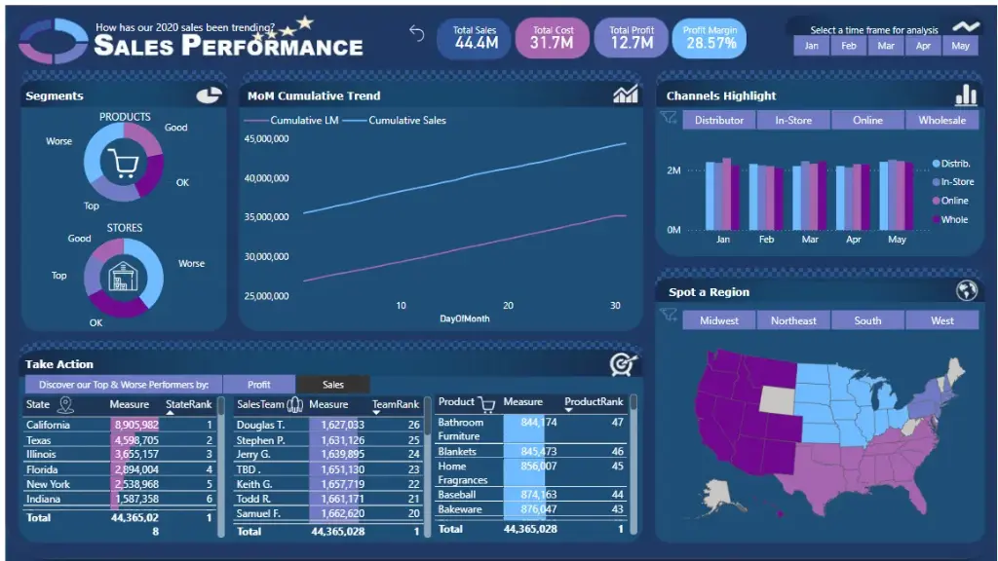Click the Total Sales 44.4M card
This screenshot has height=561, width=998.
click(x=475, y=37)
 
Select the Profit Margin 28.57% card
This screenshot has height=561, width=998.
click(x=710, y=37)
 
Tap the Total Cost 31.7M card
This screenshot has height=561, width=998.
click(x=553, y=37)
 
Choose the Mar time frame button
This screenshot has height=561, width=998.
click(x=886, y=46)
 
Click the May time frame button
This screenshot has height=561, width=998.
click(x=960, y=46)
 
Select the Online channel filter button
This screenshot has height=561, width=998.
click(x=867, y=120)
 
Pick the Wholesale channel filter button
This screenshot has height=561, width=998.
click(x=941, y=120)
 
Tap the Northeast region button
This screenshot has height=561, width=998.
click(x=793, y=320)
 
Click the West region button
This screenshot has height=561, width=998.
click(x=941, y=320)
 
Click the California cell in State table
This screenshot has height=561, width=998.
click(x=48, y=425)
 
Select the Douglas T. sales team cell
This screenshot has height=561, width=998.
click(x=261, y=425)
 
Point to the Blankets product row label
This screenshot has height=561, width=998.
click(x=457, y=452)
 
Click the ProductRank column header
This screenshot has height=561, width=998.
click(x=594, y=401)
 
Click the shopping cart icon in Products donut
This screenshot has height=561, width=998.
click(x=124, y=165)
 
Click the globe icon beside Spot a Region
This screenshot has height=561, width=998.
click(x=966, y=290)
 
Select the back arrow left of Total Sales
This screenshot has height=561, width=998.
click(x=417, y=34)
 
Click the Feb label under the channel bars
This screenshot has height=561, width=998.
click(x=766, y=240)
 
